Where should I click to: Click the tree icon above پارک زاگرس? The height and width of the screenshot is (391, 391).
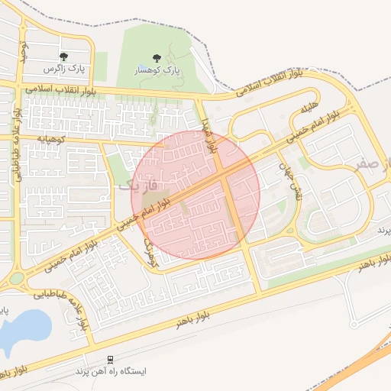63,57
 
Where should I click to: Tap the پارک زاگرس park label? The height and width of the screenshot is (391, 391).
63,69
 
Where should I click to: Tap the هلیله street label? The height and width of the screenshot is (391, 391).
308,110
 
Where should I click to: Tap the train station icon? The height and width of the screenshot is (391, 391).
111,359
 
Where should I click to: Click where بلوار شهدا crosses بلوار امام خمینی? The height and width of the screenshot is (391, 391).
223,177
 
